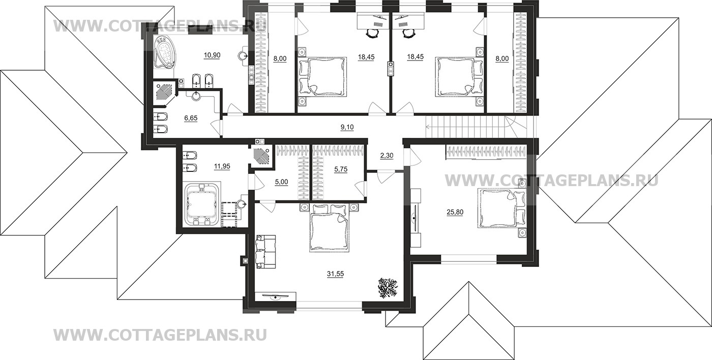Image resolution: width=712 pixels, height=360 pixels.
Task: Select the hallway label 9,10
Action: coord(347,127)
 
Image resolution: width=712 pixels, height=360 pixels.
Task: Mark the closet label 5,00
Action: coord(281,182)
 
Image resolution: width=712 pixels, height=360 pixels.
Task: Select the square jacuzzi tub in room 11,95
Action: coord(202,203)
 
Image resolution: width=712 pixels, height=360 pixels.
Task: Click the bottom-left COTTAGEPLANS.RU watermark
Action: coord(160,335)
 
